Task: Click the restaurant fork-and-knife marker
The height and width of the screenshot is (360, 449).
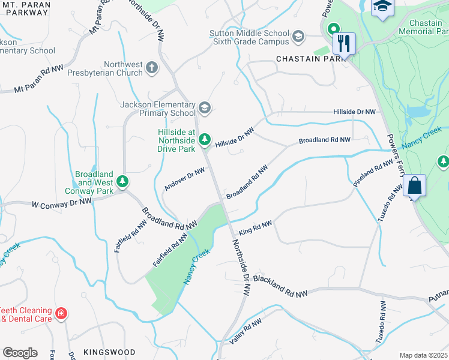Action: coord(344,43)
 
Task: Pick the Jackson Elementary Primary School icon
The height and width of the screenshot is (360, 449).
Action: coord(205,108)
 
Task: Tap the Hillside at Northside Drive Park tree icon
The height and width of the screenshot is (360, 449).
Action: coord(205,139)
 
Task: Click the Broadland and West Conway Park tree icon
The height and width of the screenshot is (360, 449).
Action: coord(123,181)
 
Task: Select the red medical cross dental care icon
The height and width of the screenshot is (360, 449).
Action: coord(61,314)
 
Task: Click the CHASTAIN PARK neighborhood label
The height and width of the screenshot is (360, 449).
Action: coord(311,59)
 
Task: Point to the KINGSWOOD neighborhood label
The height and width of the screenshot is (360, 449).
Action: coord(109,352)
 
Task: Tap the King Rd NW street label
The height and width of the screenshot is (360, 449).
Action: coord(256,227)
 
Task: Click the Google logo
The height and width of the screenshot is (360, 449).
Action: coord(20,352)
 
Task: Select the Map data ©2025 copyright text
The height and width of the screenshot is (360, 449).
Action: coord(423,355)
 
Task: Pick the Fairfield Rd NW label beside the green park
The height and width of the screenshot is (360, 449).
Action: coord(172,250)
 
